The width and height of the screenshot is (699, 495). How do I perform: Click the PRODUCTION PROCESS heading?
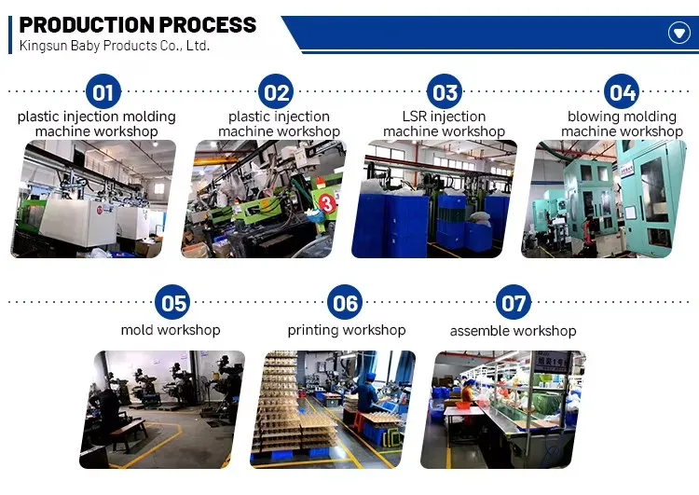(x=138, y=25)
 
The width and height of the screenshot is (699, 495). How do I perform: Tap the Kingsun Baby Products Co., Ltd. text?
(x=115, y=46)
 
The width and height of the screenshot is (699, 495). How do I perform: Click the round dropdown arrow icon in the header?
(x=679, y=34)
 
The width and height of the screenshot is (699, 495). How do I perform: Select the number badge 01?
(x=103, y=92)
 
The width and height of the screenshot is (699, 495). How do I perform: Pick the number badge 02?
(x=277, y=92)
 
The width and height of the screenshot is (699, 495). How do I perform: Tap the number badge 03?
(x=445, y=92)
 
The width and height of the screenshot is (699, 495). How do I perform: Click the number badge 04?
(x=621, y=92)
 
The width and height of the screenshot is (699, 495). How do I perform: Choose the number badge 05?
(x=173, y=303)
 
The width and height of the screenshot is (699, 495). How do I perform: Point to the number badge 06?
(x=345, y=303)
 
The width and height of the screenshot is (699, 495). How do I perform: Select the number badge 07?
(x=514, y=303)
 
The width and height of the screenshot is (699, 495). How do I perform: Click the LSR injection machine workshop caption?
(x=444, y=124)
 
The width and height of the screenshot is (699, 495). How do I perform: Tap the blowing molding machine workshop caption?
(x=622, y=124)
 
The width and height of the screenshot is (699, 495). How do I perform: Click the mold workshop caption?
(x=171, y=330)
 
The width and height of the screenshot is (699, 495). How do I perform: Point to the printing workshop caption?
(x=347, y=330)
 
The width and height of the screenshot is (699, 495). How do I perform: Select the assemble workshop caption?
(x=513, y=331)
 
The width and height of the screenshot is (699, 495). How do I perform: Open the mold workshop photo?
(x=169, y=409)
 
